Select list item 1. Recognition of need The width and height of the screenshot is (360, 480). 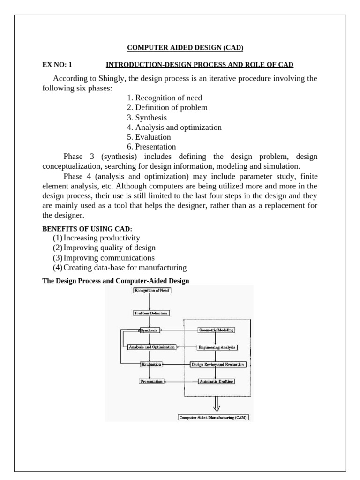(x=165, y=97)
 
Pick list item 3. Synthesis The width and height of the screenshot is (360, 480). (x=147, y=117)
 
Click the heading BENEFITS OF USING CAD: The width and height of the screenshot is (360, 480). (x=87, y=229)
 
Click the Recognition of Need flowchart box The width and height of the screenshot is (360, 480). (x=152, y=291)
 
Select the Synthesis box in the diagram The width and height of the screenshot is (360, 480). (x=150, y=330)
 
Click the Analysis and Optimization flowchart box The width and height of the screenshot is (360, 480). (x=151, y=347)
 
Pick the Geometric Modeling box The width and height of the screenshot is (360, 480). (x=216, y=330)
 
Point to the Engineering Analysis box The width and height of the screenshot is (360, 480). (x=217, y=347)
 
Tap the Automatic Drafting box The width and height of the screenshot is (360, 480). (x=217, y=381)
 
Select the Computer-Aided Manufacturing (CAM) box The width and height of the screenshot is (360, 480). (x=213, y=417)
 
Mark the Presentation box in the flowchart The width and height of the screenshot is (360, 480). (x=151, y=381)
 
